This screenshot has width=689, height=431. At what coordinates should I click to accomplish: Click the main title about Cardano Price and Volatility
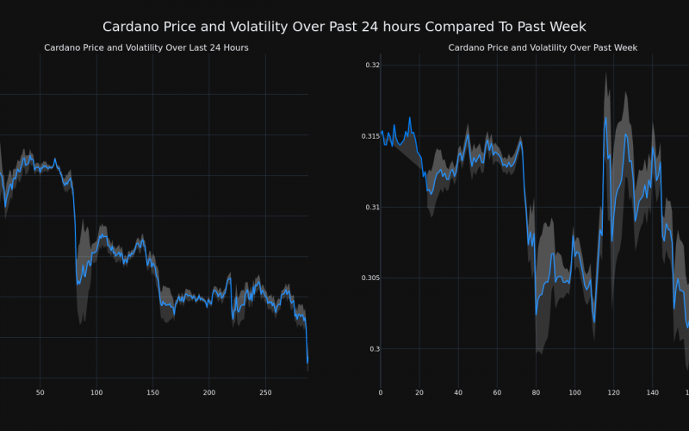(344, 27)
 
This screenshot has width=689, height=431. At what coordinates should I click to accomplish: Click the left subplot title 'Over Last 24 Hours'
(146, 47)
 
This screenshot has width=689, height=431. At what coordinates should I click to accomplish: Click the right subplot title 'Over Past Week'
(543, 47)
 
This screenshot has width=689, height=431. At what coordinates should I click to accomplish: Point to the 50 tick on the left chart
(40, 393)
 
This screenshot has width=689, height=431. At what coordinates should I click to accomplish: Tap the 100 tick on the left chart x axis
(96, 393)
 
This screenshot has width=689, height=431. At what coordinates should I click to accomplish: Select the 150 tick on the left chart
(152, 393)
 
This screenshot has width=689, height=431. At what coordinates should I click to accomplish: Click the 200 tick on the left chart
(209, 393)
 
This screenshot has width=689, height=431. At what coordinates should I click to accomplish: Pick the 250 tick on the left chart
(265, 393)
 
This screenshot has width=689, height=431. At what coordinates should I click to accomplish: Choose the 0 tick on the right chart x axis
(381, 393)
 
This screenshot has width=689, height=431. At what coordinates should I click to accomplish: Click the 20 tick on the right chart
(419, 393)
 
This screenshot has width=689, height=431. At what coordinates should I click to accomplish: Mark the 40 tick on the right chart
(458, 393)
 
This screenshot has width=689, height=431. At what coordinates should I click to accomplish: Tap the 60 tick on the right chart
(497, 393)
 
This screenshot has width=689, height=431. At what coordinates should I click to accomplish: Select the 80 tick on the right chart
(536, 393)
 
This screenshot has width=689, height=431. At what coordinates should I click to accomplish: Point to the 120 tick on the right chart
(613, 393)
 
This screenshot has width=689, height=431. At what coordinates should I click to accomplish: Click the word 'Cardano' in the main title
(133, 27)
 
